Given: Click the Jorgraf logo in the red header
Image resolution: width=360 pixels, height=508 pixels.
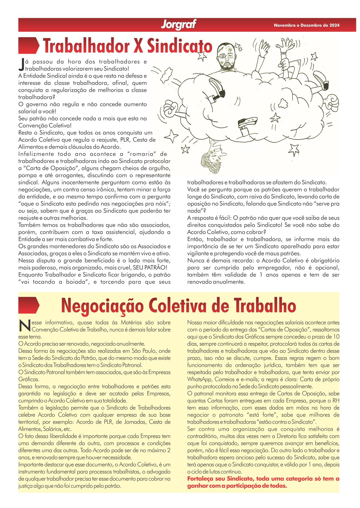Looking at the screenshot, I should coord(179,25).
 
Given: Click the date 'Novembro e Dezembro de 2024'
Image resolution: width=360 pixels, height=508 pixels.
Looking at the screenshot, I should coord(307,25).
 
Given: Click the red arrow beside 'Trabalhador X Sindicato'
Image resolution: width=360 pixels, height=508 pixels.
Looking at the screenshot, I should coord(29,45).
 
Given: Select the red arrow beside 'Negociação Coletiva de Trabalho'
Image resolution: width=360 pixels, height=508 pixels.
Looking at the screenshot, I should coord(29,305).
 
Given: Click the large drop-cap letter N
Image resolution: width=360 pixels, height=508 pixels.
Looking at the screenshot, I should coord(25,326).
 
